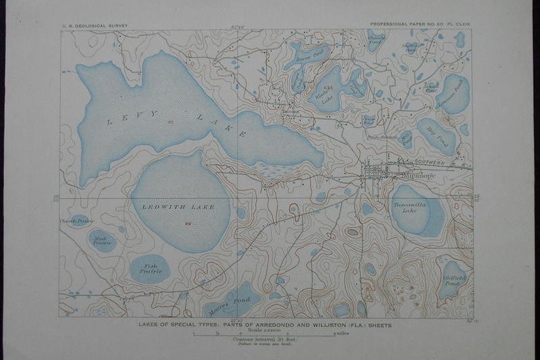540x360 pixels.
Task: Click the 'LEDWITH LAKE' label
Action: [178, 206]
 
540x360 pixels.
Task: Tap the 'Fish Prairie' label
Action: [151, 268]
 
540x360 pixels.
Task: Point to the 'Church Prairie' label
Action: [75, 220]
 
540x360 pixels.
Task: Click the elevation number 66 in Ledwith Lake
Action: [187, 224]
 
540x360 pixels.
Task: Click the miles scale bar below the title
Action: [265, 333]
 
